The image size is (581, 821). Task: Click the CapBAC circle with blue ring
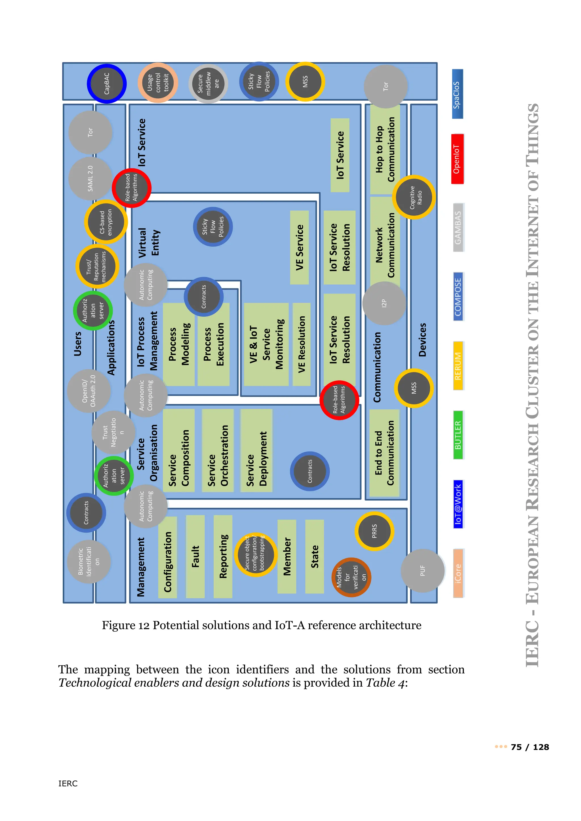[x=107, y=84]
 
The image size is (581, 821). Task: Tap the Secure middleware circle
[x=208, y=84]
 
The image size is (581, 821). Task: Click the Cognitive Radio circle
[x=414, y=197]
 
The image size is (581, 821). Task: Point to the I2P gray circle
[x=384, y=303]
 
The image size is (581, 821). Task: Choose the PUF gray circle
[x=422, y=571]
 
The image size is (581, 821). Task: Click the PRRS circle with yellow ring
[x=374, y=531]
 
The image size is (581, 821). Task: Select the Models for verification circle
[x=351, y=577]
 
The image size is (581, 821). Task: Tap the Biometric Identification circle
[x=89, y=561]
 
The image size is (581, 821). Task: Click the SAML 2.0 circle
[x=90, y=178]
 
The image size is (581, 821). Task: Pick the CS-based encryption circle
[x=106, y=222]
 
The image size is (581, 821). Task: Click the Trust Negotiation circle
[x=113, y=432]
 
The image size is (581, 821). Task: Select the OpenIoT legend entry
[x=457, y=159]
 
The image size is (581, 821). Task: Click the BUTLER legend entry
[x=458, y=435]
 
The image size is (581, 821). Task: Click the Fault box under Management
[x=195, y=556]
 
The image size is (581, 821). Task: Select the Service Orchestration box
[x=218, y=450]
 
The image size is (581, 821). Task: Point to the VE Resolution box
[x=302, y=344]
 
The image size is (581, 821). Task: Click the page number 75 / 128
[x=530, y=747]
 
